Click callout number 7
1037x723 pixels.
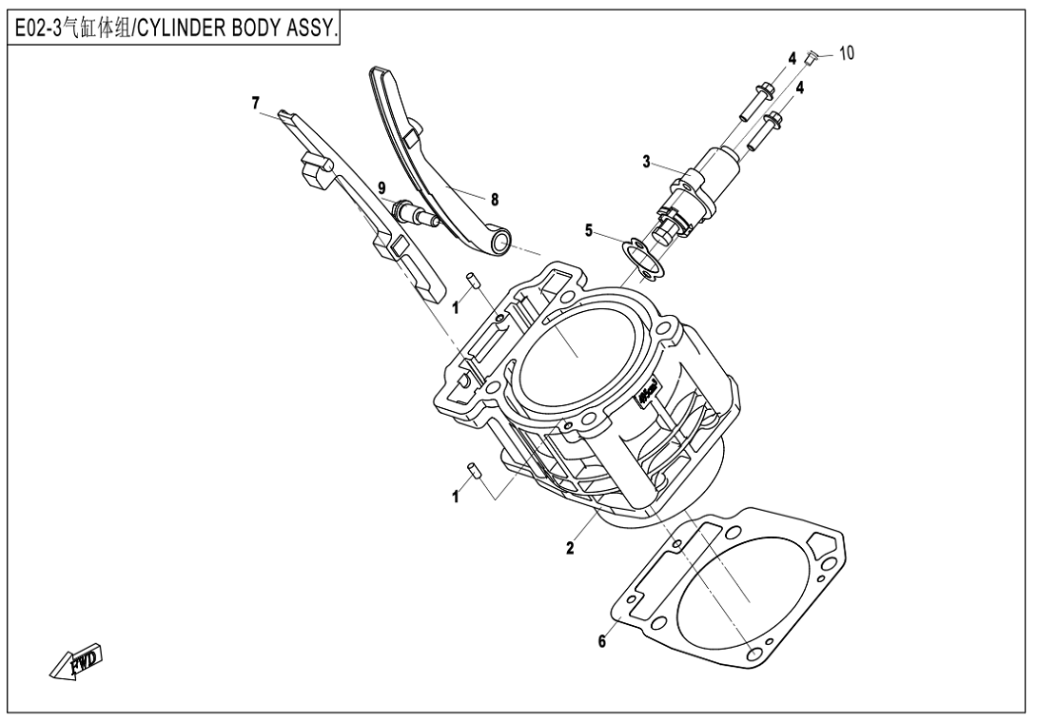point(256,102)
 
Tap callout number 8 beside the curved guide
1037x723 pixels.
point(494,200)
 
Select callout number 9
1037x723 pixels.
point(382,188)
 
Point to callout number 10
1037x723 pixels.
point(846,53)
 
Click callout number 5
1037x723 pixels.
point(590,229)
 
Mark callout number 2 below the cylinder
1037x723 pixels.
point(569,547)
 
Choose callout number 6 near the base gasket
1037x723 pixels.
point(601,642)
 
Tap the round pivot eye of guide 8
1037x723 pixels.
point(499,246)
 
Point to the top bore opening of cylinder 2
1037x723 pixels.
point(576,348)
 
